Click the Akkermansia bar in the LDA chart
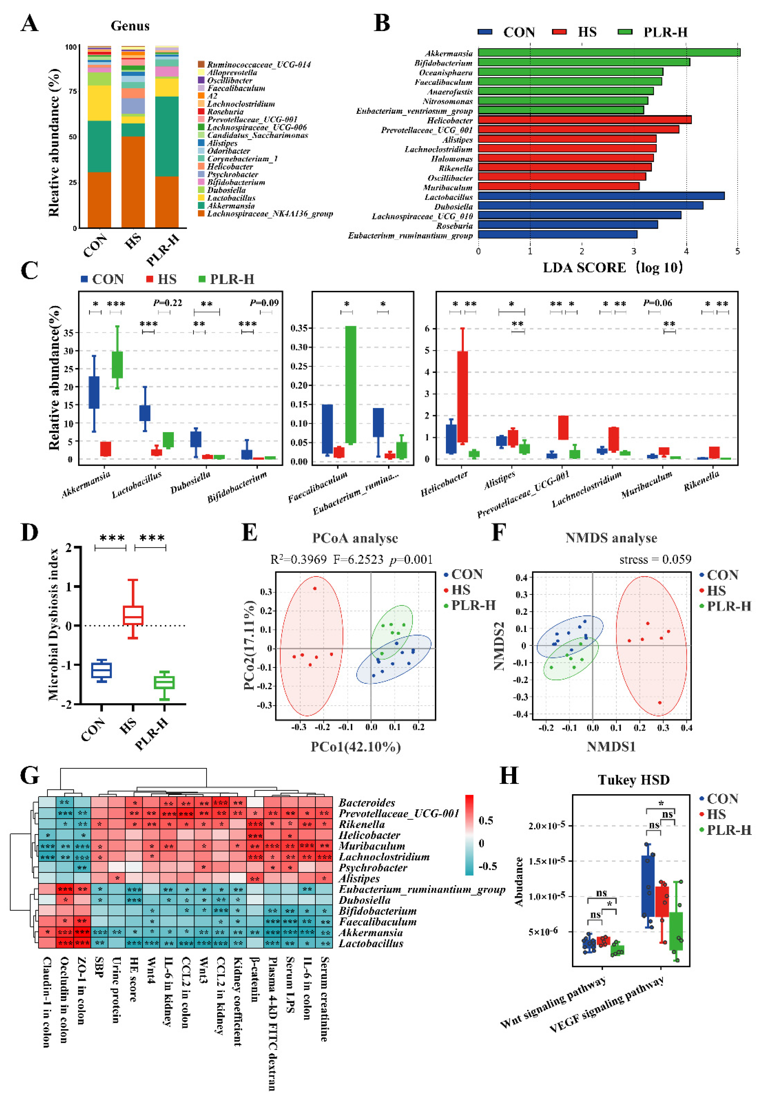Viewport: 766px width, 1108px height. point(609,52)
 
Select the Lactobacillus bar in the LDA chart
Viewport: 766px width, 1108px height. point(601,196)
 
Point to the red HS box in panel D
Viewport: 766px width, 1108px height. point(133,615)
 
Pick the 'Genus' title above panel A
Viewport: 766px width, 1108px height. point(130,26)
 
